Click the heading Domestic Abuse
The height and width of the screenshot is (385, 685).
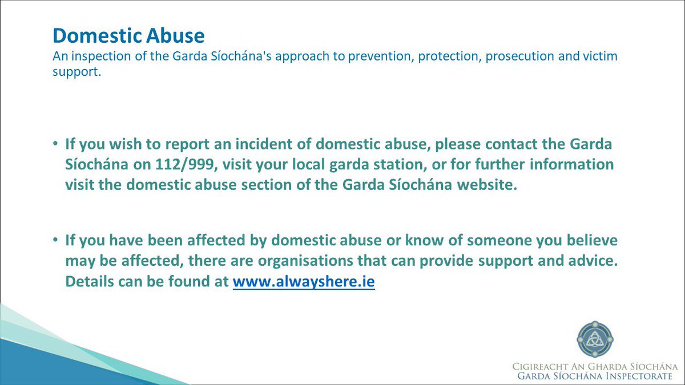click(x=128, y=36)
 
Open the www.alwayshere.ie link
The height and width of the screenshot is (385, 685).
click(x=304, y=282)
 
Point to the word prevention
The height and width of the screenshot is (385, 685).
click(x=366, y=57)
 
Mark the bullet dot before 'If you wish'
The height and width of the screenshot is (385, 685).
click(x=56, y=143)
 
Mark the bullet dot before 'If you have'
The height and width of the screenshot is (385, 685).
click(x=56, y=242)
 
